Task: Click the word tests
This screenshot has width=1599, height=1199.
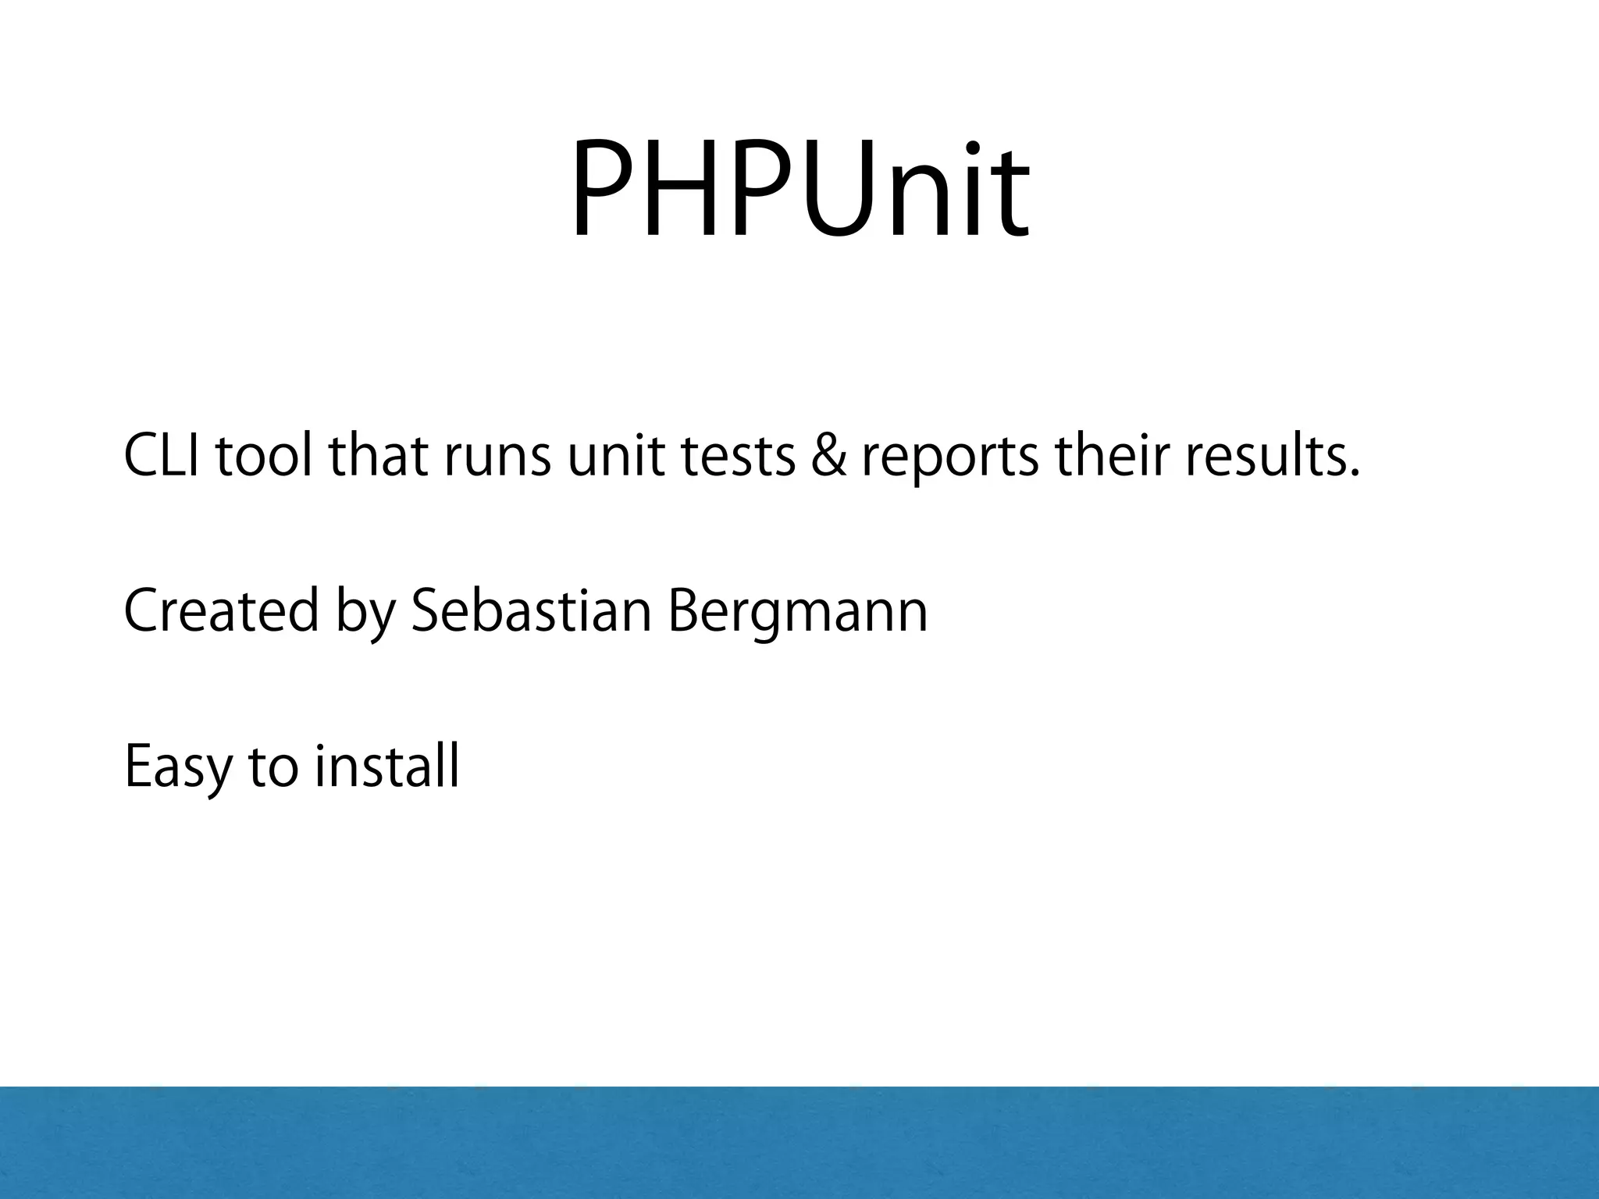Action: (x=738, y=459)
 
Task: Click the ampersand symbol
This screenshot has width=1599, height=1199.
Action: (x=828, y=457)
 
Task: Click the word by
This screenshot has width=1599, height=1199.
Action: (x=365, y=614)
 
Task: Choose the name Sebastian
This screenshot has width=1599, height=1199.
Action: (x=531, y=610)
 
